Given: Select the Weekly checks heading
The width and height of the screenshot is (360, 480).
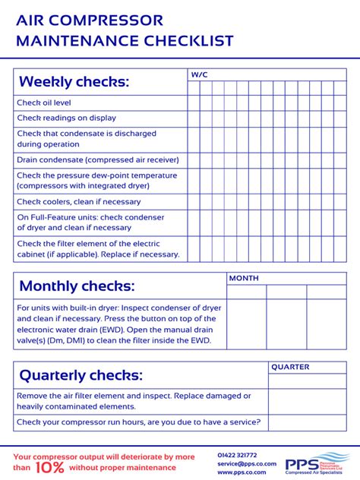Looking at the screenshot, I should point(74,82).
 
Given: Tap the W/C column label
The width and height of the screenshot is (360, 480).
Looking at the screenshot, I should point(199,74).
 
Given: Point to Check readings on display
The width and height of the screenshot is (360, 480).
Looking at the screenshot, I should point(66,118).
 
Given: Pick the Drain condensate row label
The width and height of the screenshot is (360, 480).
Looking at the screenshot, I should point(97,159).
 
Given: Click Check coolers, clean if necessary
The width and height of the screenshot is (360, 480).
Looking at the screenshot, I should point(78,202).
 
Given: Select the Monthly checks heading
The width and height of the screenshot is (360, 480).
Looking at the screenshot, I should point(77,286).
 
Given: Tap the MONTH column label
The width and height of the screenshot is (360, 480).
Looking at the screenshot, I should point(244,279).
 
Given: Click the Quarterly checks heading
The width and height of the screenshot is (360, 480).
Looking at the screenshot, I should point(81,375).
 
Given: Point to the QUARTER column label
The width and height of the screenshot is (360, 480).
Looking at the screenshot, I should point(290,368).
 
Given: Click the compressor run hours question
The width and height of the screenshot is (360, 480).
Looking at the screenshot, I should point(138,422).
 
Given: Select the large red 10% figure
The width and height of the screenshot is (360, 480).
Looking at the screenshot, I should point(48,468).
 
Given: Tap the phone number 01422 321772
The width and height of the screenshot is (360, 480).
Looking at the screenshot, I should point(237,455).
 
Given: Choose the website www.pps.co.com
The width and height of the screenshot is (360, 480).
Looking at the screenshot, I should point(242,472).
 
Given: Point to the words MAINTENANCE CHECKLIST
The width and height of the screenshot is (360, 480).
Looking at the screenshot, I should point(125,41).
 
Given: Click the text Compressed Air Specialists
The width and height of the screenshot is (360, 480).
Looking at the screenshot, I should point(316,473).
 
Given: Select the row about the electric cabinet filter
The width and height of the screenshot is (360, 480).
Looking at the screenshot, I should point(97,249).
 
